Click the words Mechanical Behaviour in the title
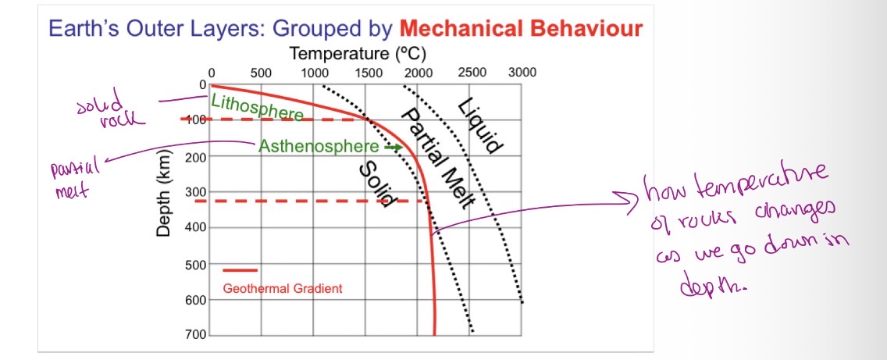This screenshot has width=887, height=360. coord(521,30)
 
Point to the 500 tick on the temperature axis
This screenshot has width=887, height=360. coord(261,73)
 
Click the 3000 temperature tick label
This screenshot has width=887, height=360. coord(522,73)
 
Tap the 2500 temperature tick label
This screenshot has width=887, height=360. coord(472,73)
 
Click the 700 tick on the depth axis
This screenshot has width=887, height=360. coord(195,335)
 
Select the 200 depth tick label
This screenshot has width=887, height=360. coord(195,156)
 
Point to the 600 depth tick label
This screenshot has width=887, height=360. coord(195,300)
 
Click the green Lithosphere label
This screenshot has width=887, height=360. coord(257,108)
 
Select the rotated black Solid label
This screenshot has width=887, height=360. coord(374,184)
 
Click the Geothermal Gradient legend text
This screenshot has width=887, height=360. coord(282,289)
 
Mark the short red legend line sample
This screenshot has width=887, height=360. coord(240,270)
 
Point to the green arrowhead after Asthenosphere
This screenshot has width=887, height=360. coord(397,147)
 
